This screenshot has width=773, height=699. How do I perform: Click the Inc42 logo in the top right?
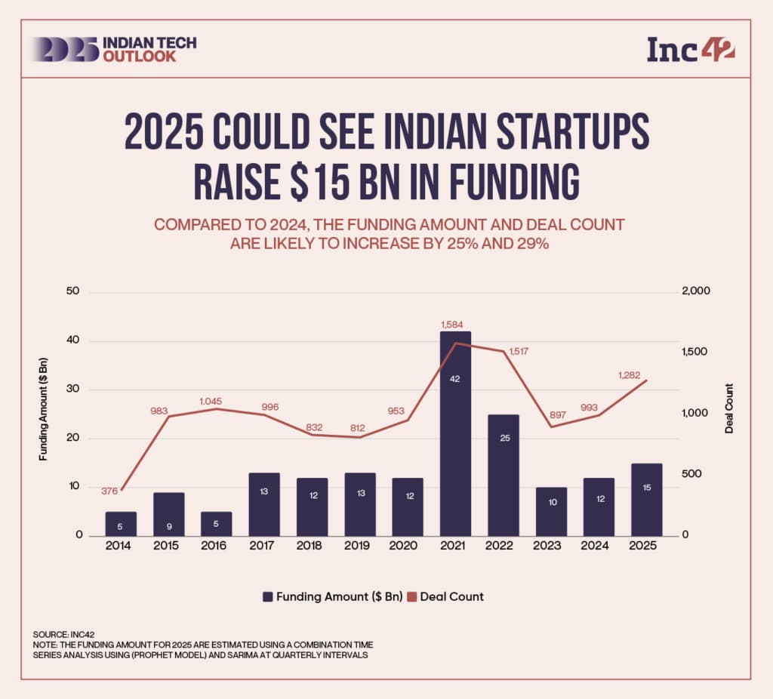[x=691, y=49]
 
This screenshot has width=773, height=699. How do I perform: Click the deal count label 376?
[x=110, y=491]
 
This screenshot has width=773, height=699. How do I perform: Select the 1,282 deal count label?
[x=632, y=374]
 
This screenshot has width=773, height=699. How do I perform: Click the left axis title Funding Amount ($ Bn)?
[x=45, y=413]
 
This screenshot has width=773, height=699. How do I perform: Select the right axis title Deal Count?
[x=729, y=408]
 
